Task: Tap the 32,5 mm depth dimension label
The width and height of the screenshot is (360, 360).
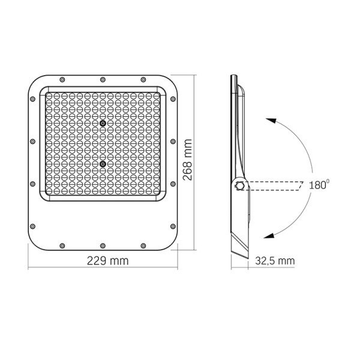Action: pos(274,261)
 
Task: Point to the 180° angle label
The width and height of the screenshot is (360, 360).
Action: pos(319,185)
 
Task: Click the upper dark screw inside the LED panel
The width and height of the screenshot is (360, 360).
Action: pos(103,124)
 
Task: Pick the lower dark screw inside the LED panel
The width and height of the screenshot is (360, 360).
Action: pos(103,163)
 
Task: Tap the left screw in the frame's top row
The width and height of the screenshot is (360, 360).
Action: pos(62,79)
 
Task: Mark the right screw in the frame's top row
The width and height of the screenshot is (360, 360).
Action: pos(143,79)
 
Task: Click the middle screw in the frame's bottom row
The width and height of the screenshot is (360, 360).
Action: pos(103,245)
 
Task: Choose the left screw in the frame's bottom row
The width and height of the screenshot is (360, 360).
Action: pos(62,245)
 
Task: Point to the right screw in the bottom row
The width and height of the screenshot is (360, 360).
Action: pos(143,245)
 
